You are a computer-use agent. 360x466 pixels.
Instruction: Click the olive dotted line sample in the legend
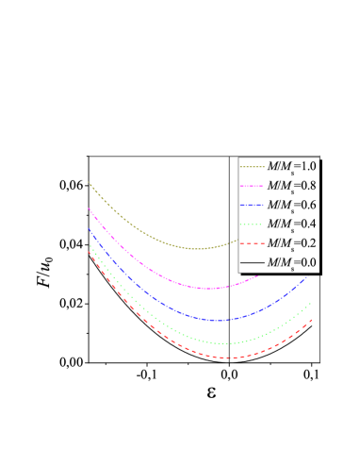coord(253,166)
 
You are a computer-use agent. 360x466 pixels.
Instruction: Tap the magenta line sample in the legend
coord(253,186)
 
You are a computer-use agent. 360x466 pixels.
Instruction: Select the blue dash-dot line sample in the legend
coord(253,205)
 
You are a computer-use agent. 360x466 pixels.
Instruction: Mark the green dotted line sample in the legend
coord(253,225)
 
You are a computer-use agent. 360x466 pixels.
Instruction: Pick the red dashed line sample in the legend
coord(253,243)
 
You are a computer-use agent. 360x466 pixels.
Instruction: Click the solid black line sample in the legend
coord(253,263)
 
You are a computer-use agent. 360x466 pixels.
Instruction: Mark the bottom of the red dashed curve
coord(224,358)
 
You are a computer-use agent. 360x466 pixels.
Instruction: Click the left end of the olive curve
coord(89,182)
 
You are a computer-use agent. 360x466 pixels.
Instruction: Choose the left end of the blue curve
coord(89,228)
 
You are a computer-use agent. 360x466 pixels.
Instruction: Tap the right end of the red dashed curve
coord(312,320)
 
